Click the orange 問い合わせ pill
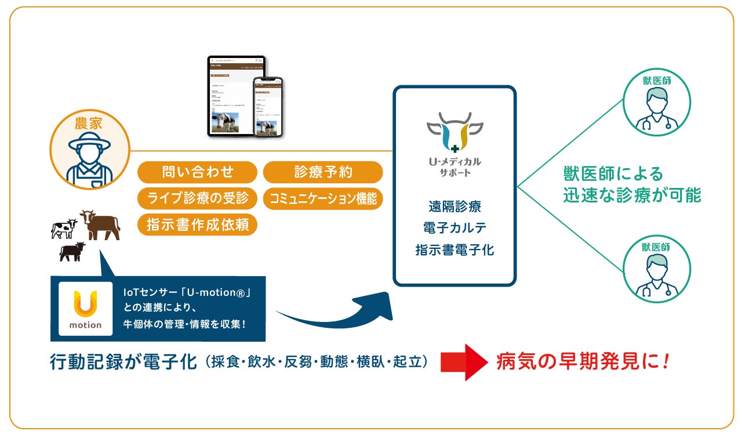pyautogui.click(x=197, y=172)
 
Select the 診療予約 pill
pyautogui.click(x=323, y=172)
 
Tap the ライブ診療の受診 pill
pyautogui.click(x=197, y=198)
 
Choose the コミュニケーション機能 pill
pyautogui.click(x=323, y=199)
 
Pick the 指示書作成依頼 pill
pyautogui.click(x=197, y=225)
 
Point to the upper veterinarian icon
pyautogui.click(x=656, y=103)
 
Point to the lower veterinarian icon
pyautogui.click(x=656, y=269)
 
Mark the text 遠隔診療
pyautogui.click(x=455, y=206)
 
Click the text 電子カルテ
pyautogui.click(x=455, y=228)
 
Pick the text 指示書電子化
pyautogui.click(x=455, y=250)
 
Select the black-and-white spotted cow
pyautogui.click(x=63, y=228)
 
